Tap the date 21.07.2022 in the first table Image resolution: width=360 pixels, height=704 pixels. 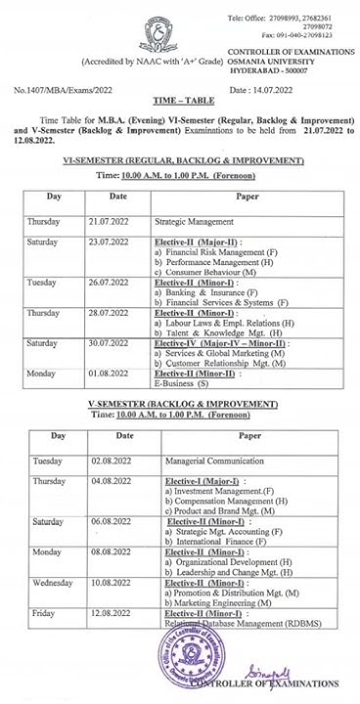[107, 222]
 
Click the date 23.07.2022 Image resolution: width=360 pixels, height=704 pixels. [107, 241]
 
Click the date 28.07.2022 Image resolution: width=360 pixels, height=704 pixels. [107, 313]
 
